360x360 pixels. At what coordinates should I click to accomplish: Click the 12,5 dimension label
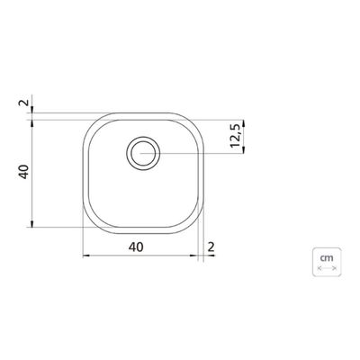coord(237,136)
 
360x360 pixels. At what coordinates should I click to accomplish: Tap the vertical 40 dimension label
coord(24,172)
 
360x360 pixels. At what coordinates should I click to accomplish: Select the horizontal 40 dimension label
coord(136,247)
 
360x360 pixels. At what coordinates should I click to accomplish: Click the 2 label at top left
coord(24,103)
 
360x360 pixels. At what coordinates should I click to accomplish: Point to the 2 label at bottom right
coord(211,247)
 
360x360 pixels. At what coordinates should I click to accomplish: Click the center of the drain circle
coord(143,153)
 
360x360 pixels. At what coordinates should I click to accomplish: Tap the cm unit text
coord(327,257)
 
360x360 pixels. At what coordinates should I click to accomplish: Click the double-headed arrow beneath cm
coord(327,268)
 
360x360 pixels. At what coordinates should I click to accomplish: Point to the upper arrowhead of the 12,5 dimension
coord(243,122)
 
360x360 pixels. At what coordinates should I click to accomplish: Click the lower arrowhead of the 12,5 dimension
coord(243,150)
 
